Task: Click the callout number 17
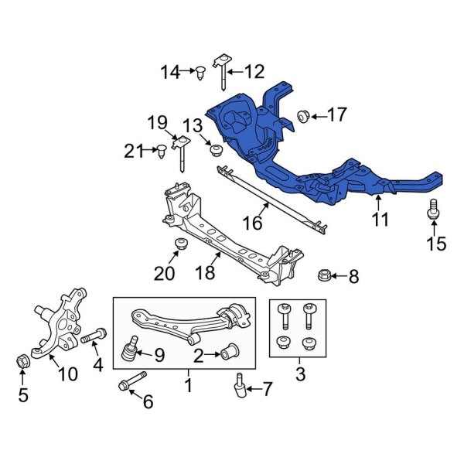(337, 116)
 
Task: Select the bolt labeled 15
(433, 209)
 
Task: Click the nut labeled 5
(22, 360)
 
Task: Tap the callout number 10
(67, 374)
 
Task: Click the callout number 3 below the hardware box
(300, 376)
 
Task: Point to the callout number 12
(254, 73)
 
